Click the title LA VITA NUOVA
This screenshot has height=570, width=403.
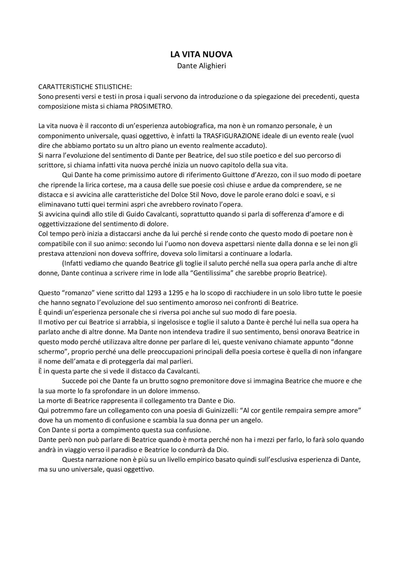click(x=201, y=54)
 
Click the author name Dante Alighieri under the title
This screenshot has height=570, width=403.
click(x=201, y=66)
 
